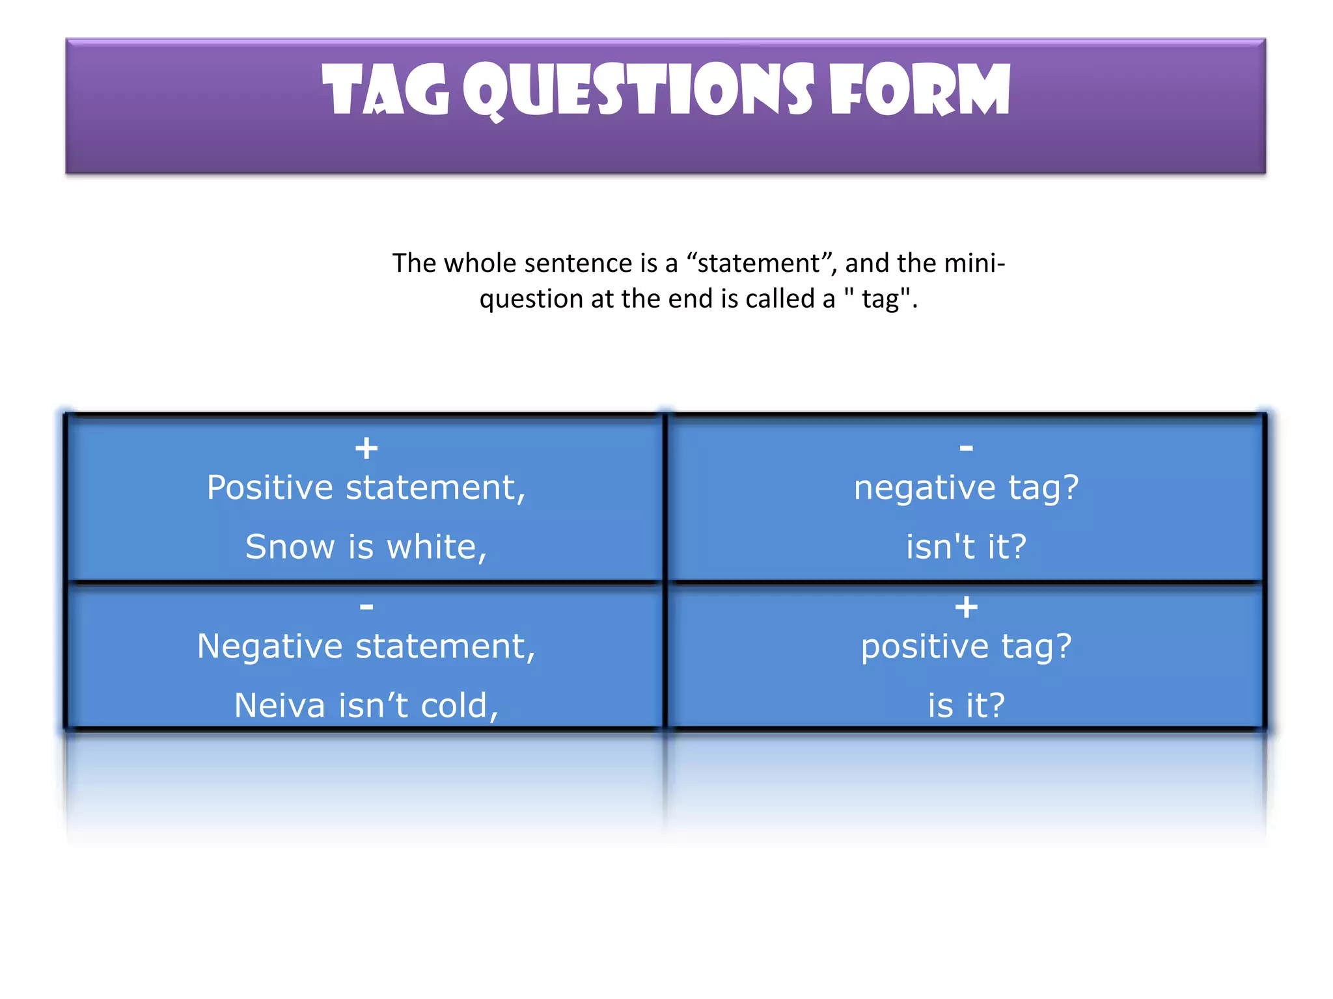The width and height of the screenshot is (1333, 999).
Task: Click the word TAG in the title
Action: [385, 91]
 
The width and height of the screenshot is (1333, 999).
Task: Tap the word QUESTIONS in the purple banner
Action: [638, 91]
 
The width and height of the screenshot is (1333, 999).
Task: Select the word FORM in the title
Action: [920, 91]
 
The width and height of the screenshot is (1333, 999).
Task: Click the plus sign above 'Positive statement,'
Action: [366, 448]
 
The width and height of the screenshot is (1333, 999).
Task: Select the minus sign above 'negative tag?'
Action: [967, 447]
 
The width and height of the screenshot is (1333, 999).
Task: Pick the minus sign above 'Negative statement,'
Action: [366, 607]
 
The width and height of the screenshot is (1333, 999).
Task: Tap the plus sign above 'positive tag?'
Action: [967, 607]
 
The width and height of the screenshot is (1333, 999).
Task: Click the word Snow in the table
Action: [290, 546]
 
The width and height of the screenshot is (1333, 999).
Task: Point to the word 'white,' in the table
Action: [437, 546]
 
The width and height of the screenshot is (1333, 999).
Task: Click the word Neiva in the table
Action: [279, 706]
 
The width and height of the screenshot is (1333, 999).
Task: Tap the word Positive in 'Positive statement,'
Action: [269, 488]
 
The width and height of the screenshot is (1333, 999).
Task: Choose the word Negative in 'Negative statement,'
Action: [269, 647]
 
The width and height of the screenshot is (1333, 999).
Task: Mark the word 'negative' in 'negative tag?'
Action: [924, 488]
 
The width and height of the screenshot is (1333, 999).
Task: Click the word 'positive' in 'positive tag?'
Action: [924, 647]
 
